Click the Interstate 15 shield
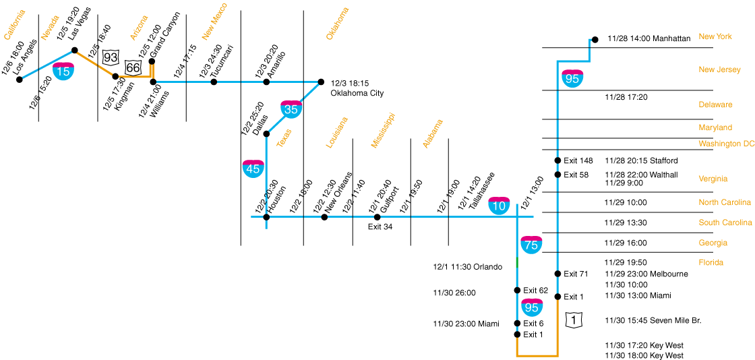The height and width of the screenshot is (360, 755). point(63,70)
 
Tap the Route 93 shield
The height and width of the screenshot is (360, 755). point(111,57)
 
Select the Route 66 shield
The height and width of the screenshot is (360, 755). point(133,67)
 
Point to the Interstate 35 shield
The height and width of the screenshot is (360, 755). point(291,108)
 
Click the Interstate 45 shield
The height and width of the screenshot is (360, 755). point(253,168)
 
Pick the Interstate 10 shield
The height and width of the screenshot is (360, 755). point(499,206)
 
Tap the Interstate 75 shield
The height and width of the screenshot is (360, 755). point(531,244)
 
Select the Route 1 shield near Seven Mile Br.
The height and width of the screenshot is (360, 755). point(573,320)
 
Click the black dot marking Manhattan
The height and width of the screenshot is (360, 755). point(594,39)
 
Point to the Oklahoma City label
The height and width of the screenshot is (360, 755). point(357,93)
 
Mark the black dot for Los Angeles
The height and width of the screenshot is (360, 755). point(20,80)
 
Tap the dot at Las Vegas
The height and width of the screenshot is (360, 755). point(75,50)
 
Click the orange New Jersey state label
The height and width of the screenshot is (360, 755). point(719,69)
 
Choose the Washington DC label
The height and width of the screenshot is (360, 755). point(726,144)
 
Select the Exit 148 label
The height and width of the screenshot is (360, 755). point(578,160)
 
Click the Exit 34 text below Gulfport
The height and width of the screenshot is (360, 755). point(380,227)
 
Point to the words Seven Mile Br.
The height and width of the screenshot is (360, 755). point(674,320)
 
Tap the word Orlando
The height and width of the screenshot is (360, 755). point(487,267)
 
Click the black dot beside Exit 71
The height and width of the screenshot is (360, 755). point(557,274)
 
